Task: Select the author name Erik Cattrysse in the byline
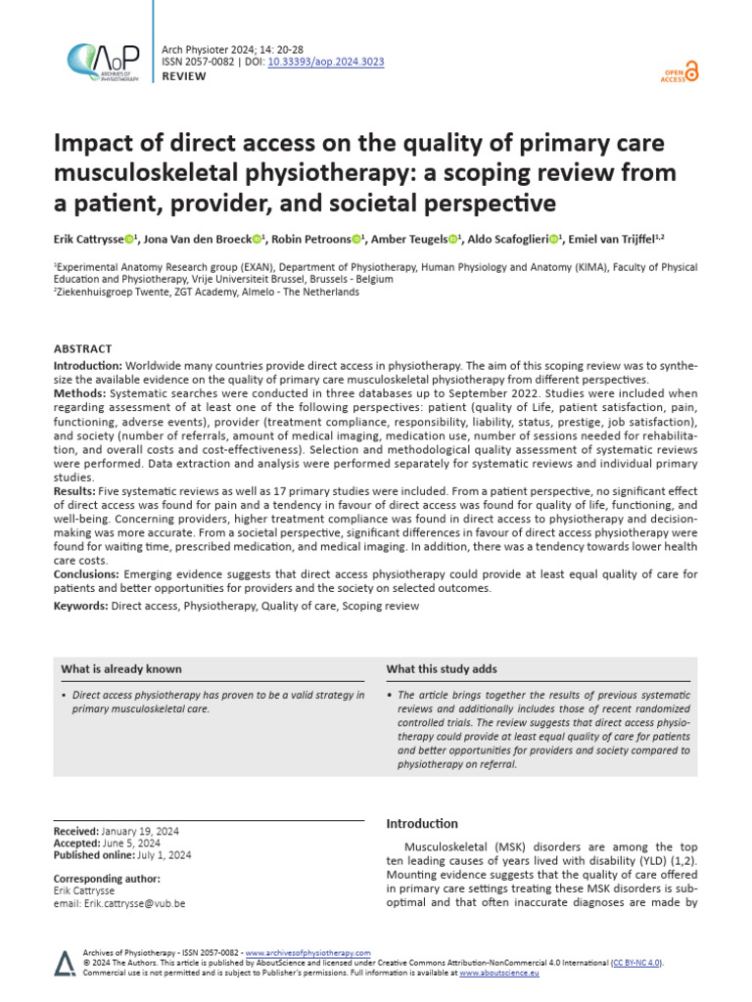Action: pyautogui.click(x=87, y=239)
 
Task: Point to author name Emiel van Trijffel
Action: pyautogui.click(x=621, y=239)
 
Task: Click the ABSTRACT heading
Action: pyautogui.click(x=83, y=348)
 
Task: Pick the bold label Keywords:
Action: pyautogui.click(x=80, y=606)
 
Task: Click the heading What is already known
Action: pyautogui.click(x=121, y=669)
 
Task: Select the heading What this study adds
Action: pyautogui.click(x=442, y=669)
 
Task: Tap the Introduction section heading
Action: pyautogui.click(x=422, y=824)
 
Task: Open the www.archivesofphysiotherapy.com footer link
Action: pyautogui.click(x=307, y=952)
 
